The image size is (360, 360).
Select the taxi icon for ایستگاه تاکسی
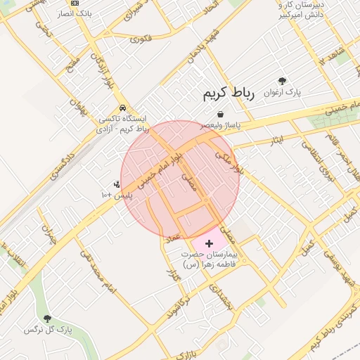[123, 108]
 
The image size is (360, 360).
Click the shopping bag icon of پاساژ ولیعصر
[221, 113]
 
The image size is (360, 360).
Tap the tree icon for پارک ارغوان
[282, 82]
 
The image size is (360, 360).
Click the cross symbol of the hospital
[209, 243]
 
